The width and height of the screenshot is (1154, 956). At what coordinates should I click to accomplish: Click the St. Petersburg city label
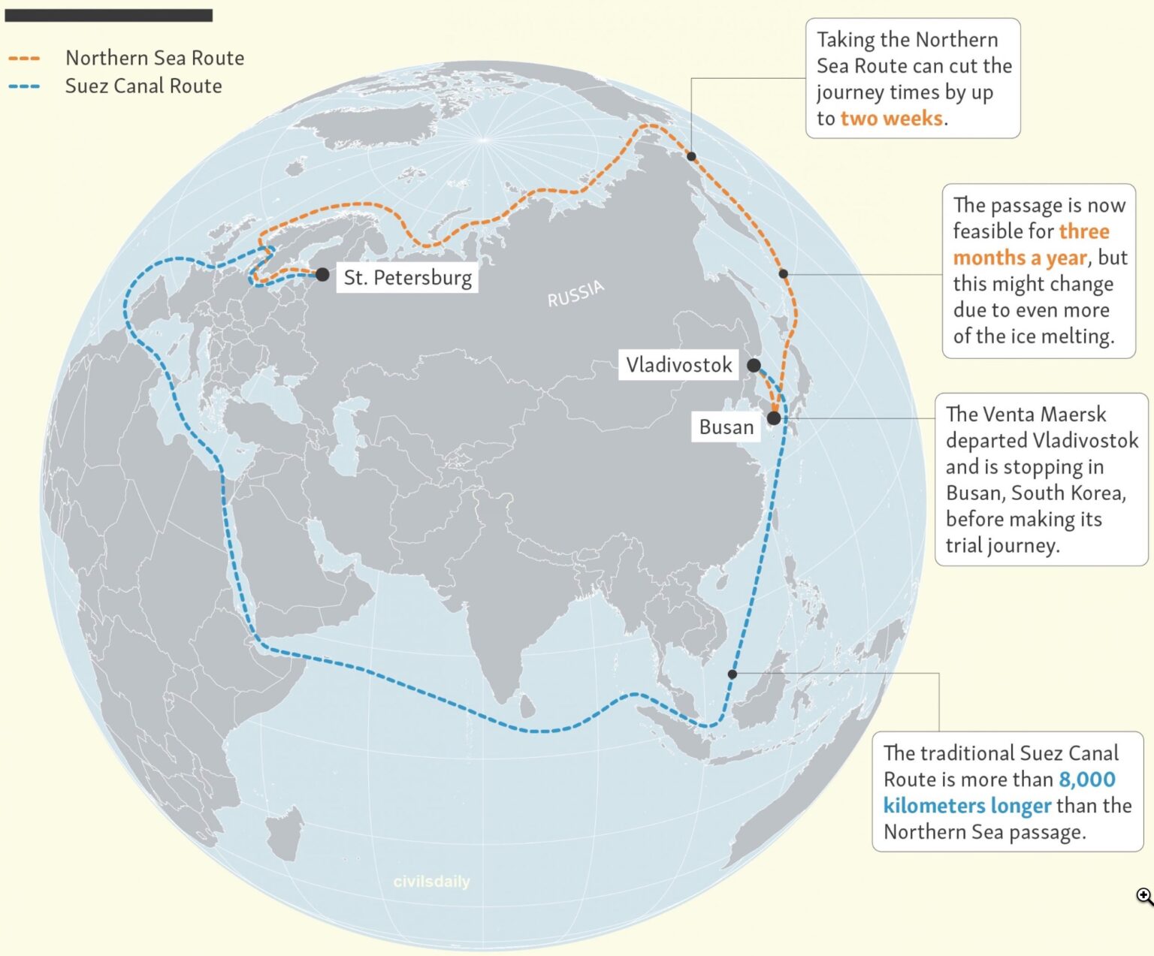(407, 278)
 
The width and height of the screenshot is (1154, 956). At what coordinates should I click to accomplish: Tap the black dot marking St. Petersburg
(322, 275)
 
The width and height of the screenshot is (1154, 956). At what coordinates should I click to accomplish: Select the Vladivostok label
(678, 365)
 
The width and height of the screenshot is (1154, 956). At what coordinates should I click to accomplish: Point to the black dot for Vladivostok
(754, 366)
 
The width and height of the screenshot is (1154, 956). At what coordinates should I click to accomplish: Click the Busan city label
(726, 427)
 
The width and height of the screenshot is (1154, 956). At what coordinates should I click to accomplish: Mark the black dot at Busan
(774, 418)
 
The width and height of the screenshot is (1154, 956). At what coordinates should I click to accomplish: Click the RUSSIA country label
(575, 294)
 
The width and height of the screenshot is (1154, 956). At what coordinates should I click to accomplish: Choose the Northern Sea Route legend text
(155, 58)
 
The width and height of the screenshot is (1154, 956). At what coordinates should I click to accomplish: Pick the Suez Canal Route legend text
(143, 86)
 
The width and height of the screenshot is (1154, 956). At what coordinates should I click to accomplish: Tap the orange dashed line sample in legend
(24, 59)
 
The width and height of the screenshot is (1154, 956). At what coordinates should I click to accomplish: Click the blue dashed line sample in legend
(24, 86)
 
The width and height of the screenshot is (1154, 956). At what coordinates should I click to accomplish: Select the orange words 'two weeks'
(891, 119)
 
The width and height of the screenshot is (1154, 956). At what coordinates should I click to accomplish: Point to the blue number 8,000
(1087, 780)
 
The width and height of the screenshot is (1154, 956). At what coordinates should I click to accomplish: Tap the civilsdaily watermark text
(431, 882)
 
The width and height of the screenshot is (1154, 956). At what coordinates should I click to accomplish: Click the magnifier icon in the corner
(1144, 896)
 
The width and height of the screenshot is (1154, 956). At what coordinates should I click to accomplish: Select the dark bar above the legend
(109, 15)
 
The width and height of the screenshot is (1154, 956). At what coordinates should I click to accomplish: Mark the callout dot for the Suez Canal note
(733, 674)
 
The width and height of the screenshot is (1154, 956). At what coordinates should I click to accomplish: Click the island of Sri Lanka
(528, 705)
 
